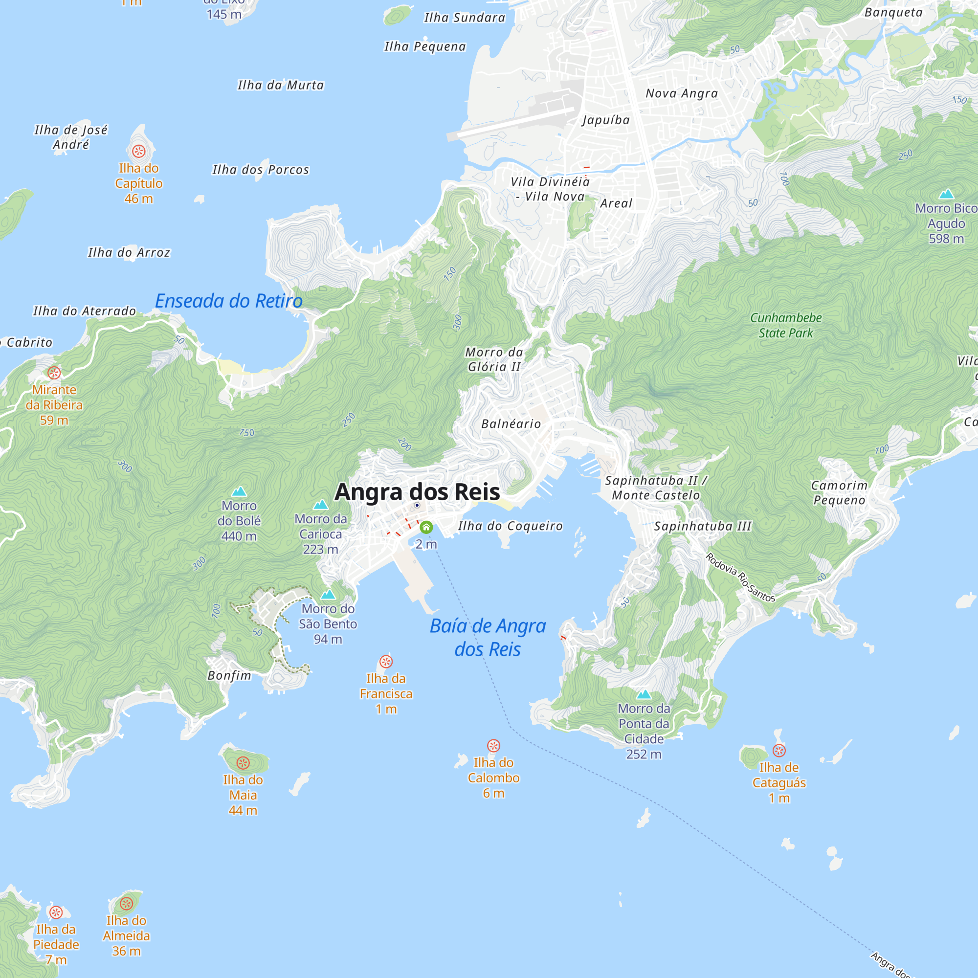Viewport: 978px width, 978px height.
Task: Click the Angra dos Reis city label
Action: pos(417,492)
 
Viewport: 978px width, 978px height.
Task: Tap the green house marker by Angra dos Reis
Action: pos(426,528)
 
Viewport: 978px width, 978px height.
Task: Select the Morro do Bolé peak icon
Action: pos(239,491)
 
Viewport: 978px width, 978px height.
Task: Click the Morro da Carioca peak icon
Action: pos(320,505)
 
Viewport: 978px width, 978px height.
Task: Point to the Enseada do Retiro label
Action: pos(229,301)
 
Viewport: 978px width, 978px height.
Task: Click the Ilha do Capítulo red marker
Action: pos(139,151)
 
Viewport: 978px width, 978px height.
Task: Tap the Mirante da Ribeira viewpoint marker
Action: pos(54,373)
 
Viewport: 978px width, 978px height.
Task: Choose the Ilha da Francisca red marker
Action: pos(386,662)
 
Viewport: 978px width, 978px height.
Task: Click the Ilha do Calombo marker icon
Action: pos(493,746)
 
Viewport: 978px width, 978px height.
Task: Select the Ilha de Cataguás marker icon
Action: pos(779,751)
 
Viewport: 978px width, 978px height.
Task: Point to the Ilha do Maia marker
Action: pos(243,763)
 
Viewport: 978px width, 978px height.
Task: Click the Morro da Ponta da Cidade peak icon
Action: pos(644,694)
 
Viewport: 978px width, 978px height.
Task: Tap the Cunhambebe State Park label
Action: pos(786,326)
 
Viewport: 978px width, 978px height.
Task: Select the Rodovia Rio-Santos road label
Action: pos(740,578)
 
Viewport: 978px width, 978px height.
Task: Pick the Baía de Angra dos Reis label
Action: pos(488,637)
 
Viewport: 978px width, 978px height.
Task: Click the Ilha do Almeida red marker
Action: pos(126,904)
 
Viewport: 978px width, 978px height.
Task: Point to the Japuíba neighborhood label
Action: pos(606,120)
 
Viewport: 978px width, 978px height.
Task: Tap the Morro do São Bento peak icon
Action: pos(328,594)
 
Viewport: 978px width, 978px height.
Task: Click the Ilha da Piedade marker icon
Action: pos(56,912)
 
